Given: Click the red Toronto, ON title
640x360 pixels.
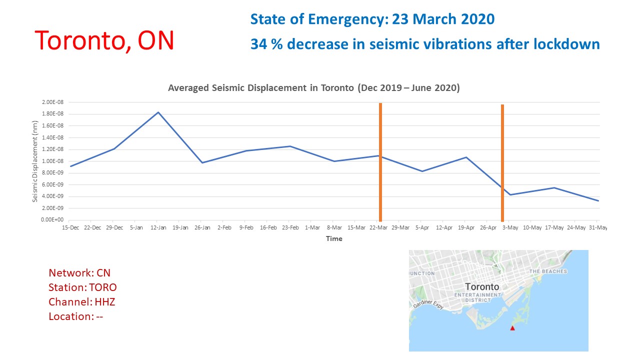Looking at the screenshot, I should pos(104,40).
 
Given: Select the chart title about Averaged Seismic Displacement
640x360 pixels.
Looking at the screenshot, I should pos(314,88).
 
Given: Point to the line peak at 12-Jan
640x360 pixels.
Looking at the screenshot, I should pos(158,112).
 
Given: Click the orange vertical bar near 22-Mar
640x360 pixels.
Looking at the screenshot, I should pos(380,162).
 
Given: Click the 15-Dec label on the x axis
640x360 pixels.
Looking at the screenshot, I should pos(70,228).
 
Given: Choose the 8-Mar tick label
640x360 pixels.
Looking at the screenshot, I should pos(334,228).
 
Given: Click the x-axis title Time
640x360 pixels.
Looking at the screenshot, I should pos(334,239).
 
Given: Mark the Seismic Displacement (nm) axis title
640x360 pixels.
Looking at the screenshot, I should pos(35,161).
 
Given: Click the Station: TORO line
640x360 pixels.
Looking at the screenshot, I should pos(82,287).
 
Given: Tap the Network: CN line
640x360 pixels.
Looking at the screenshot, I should pos(79,273).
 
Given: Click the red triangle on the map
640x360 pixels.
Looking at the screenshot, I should pos(512,328).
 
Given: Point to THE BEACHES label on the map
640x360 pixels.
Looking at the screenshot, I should pos(548,271).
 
